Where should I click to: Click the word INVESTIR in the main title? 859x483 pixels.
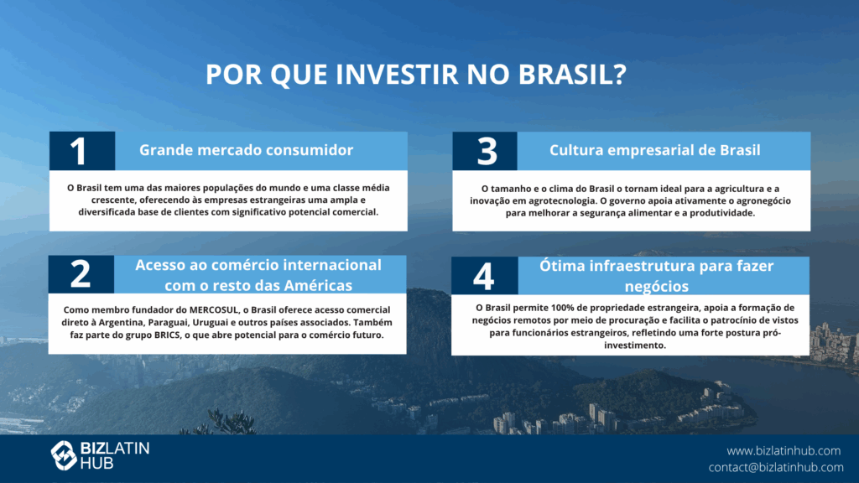(397, 75)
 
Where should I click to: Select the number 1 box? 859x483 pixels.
(82, 151)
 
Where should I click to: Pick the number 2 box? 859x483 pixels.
(81, 274)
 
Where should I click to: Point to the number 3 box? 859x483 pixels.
(485, 151)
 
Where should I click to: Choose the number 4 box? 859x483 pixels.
(484, 275)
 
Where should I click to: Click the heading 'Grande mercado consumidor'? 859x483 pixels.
(246, 150)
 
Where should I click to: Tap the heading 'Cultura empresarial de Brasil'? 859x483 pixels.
(654, 150)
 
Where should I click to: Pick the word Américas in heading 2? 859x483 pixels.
(319, 285)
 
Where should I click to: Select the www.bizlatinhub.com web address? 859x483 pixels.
(784, 450)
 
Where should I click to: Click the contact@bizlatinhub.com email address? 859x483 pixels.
(776, 467)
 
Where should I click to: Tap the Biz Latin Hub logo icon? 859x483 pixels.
(64, 455)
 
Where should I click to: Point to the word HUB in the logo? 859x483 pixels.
(97, 463)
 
